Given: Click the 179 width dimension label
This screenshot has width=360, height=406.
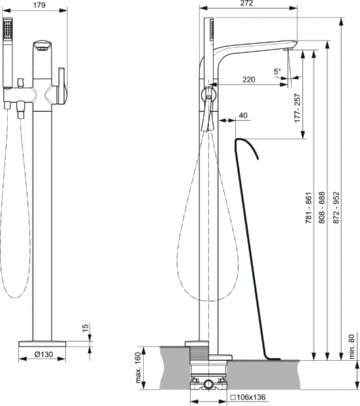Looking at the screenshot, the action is pyautogui.click(x=39, y=5).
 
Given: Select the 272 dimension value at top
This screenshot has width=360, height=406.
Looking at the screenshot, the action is pyautogui.click(x=246, y=3).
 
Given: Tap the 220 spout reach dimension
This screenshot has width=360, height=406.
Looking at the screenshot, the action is pyautogui.click(x=249, y=79).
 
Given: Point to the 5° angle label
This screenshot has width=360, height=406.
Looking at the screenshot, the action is pyautogui.click(x=278, y=71).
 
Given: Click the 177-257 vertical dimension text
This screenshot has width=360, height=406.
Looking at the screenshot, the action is pyautogui.click(x=298, y=108).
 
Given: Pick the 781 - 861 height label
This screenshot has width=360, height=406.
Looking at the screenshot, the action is pyautogui.click(x=309, y=208).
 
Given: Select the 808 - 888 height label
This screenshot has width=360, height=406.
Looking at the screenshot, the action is pyautogui.click(x=321, y=208).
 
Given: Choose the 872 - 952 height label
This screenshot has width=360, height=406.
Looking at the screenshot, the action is pyautogui.click(x=336, y=208).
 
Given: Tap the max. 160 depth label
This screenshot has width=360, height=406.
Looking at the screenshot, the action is pyautogui.click(x=139, y=367).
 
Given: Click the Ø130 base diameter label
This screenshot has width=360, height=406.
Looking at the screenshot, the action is pyautogui.click(x=44, y=354).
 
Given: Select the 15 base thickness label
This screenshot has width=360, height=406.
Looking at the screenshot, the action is pyautogui.click(x=85, y=328).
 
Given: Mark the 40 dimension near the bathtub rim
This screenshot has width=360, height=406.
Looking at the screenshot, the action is pyautogui.click(x=243, y=116).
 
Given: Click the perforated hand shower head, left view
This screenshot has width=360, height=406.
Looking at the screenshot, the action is pyautogui.click(x=8, y=29).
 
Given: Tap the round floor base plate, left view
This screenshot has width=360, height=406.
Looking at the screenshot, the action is pyautogui.click(x=42, y=344).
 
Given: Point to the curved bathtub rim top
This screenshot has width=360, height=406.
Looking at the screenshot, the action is pyautogui.click(x=246, y=144).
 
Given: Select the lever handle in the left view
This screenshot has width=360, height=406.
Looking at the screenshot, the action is pyautogui.click(x=61, y=86).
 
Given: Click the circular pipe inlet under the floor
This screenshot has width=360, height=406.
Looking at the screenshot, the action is pyautogui.click(x=208, y=383).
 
